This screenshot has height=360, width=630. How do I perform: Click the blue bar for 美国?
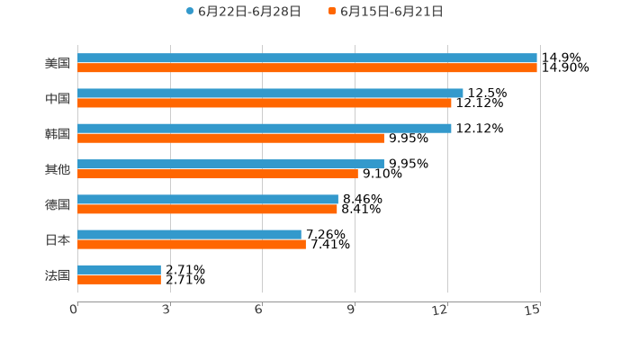pos(307,58)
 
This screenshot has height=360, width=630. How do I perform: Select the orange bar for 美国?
pos(307,68)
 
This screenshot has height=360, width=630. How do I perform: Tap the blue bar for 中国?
pos(270,94)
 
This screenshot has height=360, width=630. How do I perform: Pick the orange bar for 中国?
pos(265,103)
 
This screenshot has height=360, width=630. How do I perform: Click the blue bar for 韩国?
pos(265,129)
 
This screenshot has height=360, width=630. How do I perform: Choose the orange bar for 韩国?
pos(230,139)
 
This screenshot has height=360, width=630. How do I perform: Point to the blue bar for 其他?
pos(230,164)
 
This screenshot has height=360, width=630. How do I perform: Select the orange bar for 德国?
pos(207,210)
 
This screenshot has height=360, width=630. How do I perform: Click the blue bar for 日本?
pos(189,235)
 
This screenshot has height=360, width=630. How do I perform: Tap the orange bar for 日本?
pos(192,245)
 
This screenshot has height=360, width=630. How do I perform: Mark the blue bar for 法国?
pos(119,270)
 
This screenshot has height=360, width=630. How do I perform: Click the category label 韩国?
pos(58,134)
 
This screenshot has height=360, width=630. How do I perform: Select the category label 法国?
pos(58,275)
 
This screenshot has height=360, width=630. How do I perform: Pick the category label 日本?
pos(58,240)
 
